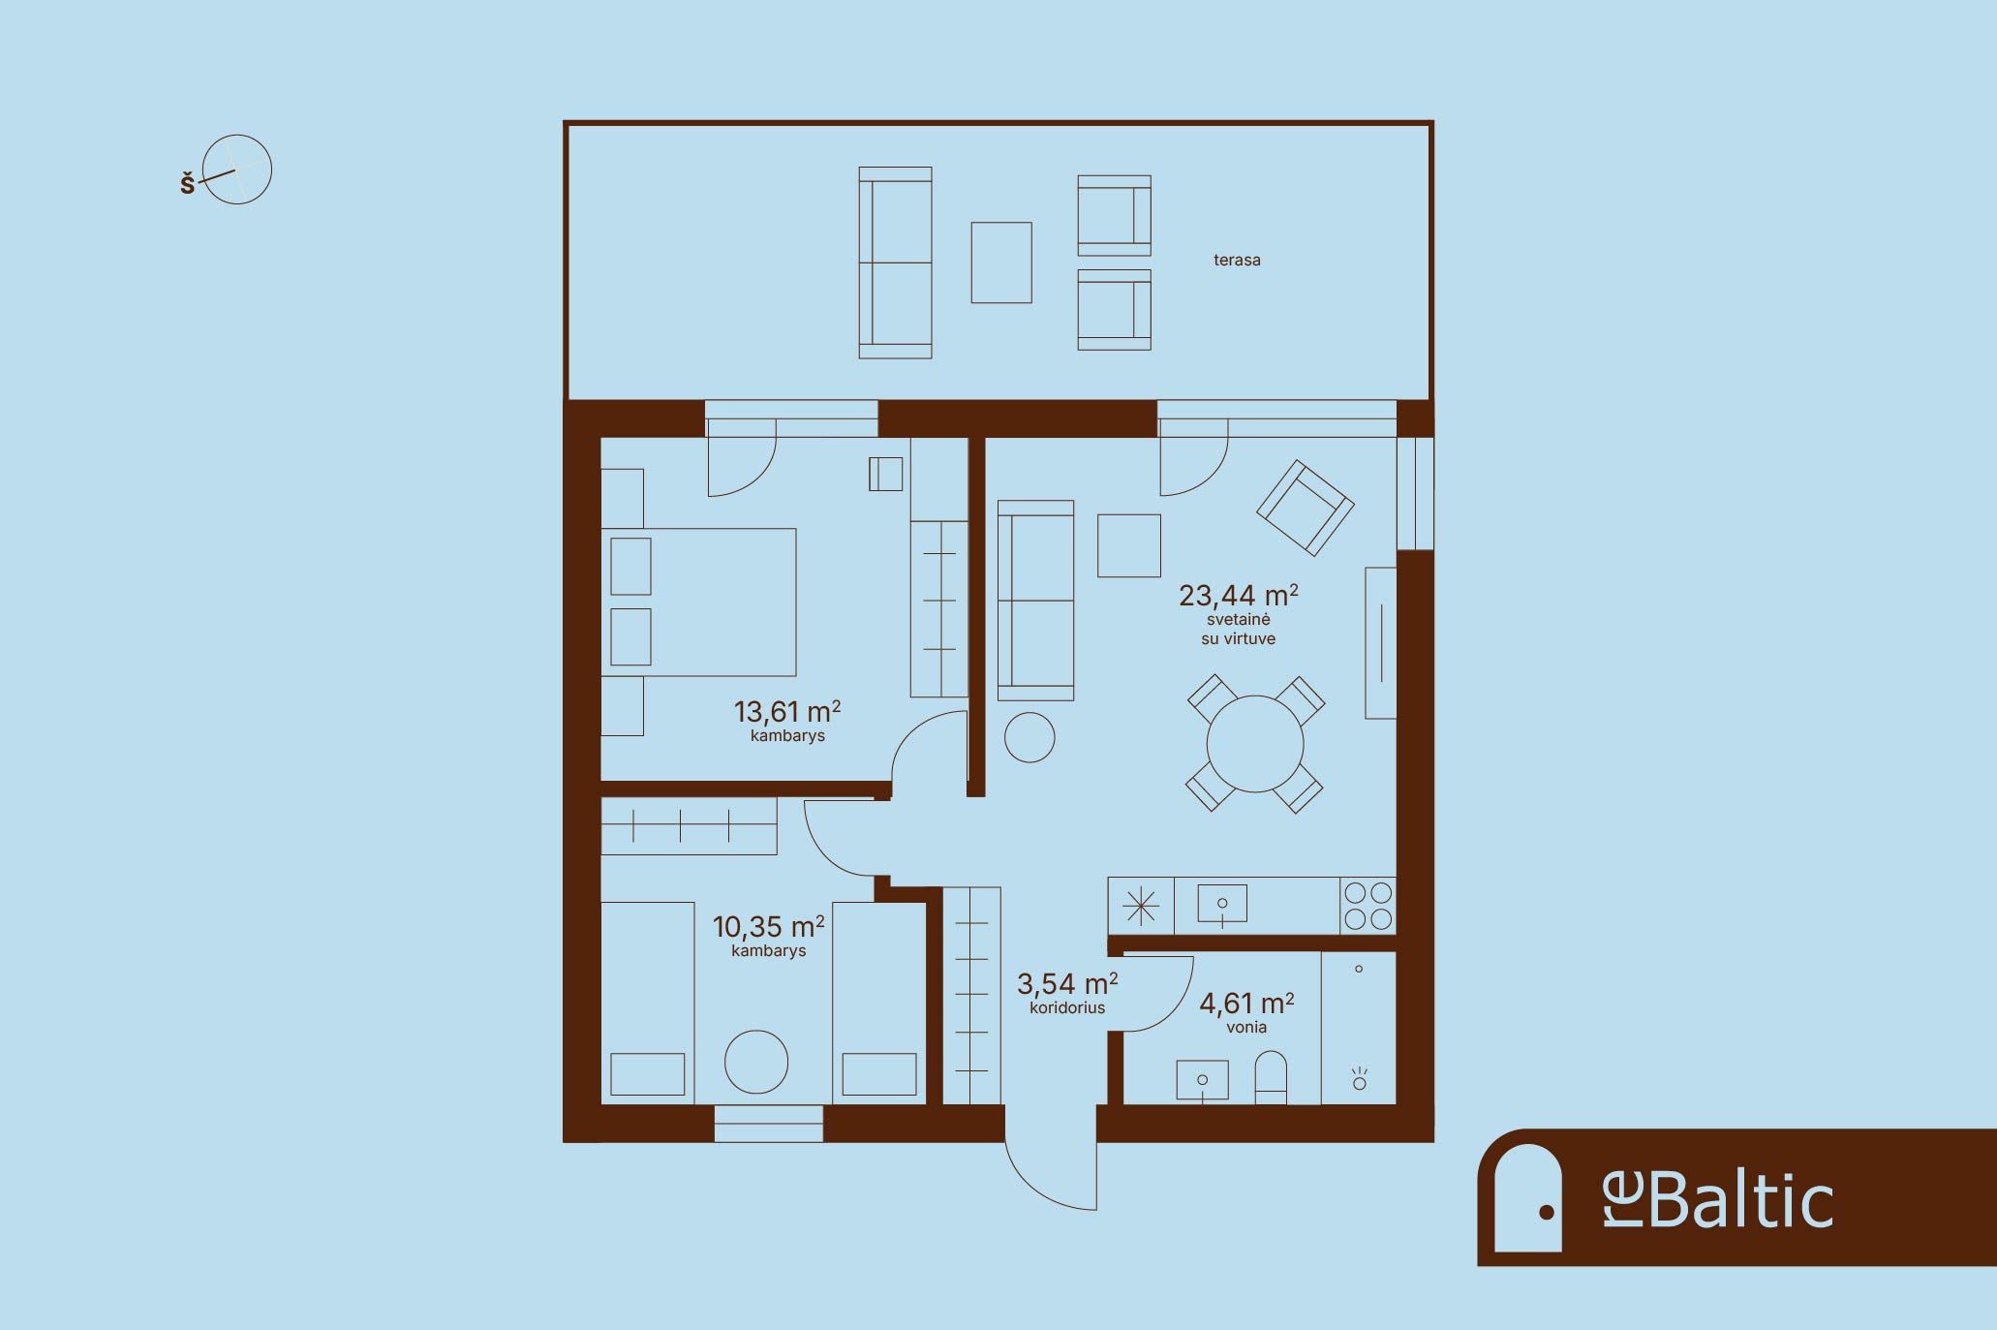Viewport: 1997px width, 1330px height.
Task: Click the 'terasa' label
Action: [1237, 260]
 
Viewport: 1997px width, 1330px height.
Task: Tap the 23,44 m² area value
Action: [1239, 594]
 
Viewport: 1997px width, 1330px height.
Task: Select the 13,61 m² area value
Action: [787, 711]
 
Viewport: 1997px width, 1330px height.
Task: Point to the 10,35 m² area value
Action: [769, 926]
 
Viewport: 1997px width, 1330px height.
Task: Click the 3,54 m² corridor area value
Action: [1067, 983]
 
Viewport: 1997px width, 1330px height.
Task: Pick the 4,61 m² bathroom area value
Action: [1246, 1002]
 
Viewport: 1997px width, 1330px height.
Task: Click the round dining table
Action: [1255, 744]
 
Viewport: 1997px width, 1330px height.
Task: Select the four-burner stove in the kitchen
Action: [1368, 905]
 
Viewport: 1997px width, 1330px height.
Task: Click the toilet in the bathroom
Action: [1271, 1078]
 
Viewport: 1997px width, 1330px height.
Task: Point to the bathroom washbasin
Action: [1203, 1080]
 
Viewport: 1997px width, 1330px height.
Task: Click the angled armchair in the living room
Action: [1305, 507]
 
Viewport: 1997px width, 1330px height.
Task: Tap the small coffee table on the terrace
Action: [1001, 262]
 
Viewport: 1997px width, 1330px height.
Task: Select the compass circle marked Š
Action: [237, 170]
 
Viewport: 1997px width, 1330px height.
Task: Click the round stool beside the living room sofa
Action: [1029, 737]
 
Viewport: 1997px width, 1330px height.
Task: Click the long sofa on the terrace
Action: [895, 263]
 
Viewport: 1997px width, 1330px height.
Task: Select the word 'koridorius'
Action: [1067, 1007]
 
